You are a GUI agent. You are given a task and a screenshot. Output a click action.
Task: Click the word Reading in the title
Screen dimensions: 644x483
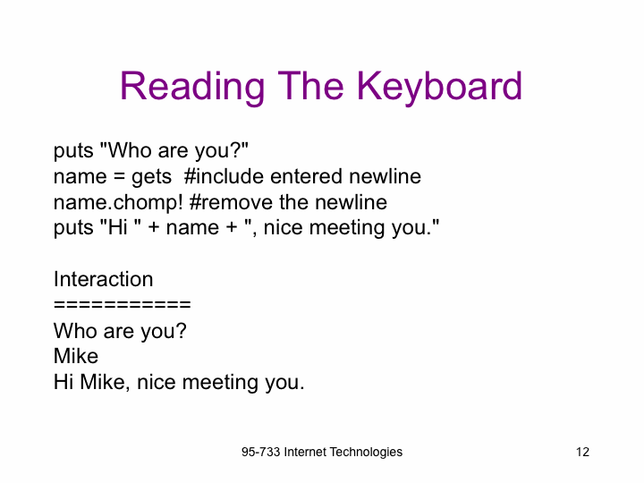click(192, 87)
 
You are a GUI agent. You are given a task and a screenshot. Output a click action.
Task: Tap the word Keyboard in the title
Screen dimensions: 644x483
click(439, 87)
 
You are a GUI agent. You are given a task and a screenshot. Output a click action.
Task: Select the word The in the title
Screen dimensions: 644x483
click(310, 86)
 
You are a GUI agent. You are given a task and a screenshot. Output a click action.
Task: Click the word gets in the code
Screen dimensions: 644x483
click(151, 177)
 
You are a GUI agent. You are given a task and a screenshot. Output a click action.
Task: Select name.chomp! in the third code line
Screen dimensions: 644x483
click(118, 202)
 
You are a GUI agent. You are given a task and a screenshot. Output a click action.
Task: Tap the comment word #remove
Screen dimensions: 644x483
click(231, 202)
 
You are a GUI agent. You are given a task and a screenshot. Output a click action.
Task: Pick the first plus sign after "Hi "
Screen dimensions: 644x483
click(154, 227)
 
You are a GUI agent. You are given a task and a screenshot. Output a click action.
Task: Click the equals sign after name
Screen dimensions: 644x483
click(119, 177)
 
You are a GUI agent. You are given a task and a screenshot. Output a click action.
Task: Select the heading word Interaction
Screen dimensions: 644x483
click(104, 279)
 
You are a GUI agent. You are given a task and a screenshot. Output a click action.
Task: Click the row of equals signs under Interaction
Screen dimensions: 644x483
click(123, 305)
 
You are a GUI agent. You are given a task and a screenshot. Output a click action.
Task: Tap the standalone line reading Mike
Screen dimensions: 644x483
click(76, 356)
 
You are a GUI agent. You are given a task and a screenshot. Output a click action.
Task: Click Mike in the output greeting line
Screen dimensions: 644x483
click(105, 382)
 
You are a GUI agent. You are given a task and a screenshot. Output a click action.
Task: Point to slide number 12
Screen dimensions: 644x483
click(582, 452)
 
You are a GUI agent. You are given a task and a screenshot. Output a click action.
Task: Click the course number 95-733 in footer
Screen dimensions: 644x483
click(261, 452)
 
